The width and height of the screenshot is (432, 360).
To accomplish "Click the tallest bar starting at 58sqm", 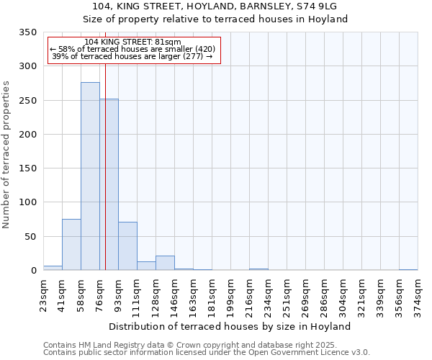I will point(90,176).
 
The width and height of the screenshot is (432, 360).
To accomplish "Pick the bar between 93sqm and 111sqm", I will point(127,246).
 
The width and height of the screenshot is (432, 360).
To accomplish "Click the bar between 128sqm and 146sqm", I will point(165,264).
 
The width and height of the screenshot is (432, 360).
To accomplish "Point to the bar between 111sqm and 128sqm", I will point(146,266).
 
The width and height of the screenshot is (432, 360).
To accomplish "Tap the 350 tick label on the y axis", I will point(27,33).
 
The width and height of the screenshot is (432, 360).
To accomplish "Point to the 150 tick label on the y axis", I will point(27,168).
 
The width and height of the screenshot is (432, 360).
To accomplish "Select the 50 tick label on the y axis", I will point(30,237).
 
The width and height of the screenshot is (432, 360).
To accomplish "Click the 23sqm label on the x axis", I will point(43,295).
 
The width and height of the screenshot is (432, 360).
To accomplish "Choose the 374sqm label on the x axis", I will point(418,295).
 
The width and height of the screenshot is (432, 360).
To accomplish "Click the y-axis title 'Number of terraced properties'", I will point(6,155).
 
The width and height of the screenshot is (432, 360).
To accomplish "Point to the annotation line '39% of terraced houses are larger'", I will point(132,57).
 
